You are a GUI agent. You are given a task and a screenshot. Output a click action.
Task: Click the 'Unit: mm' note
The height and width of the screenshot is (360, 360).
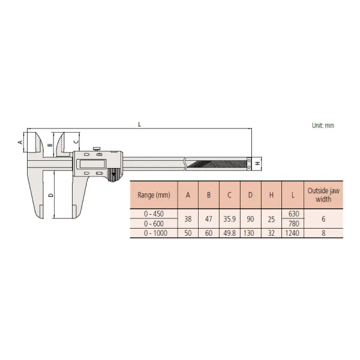323,125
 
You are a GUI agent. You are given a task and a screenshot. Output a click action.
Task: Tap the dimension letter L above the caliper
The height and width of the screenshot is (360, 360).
139,124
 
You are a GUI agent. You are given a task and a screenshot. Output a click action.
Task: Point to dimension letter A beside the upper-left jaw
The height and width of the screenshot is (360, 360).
20,142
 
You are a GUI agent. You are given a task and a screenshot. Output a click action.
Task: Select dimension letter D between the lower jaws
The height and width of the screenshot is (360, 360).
51,195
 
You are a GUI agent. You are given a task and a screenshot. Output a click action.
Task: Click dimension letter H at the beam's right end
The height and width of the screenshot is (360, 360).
258,163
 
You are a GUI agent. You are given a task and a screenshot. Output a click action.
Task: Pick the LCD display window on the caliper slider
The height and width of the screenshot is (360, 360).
92,164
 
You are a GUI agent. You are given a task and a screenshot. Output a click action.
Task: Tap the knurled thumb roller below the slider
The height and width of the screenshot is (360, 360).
113,175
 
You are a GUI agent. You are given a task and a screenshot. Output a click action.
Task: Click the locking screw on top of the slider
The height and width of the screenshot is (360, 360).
97,149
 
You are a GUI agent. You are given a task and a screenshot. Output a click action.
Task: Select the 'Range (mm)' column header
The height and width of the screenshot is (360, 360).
154,195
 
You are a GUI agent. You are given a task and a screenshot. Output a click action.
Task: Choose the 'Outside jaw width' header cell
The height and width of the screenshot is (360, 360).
323,195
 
